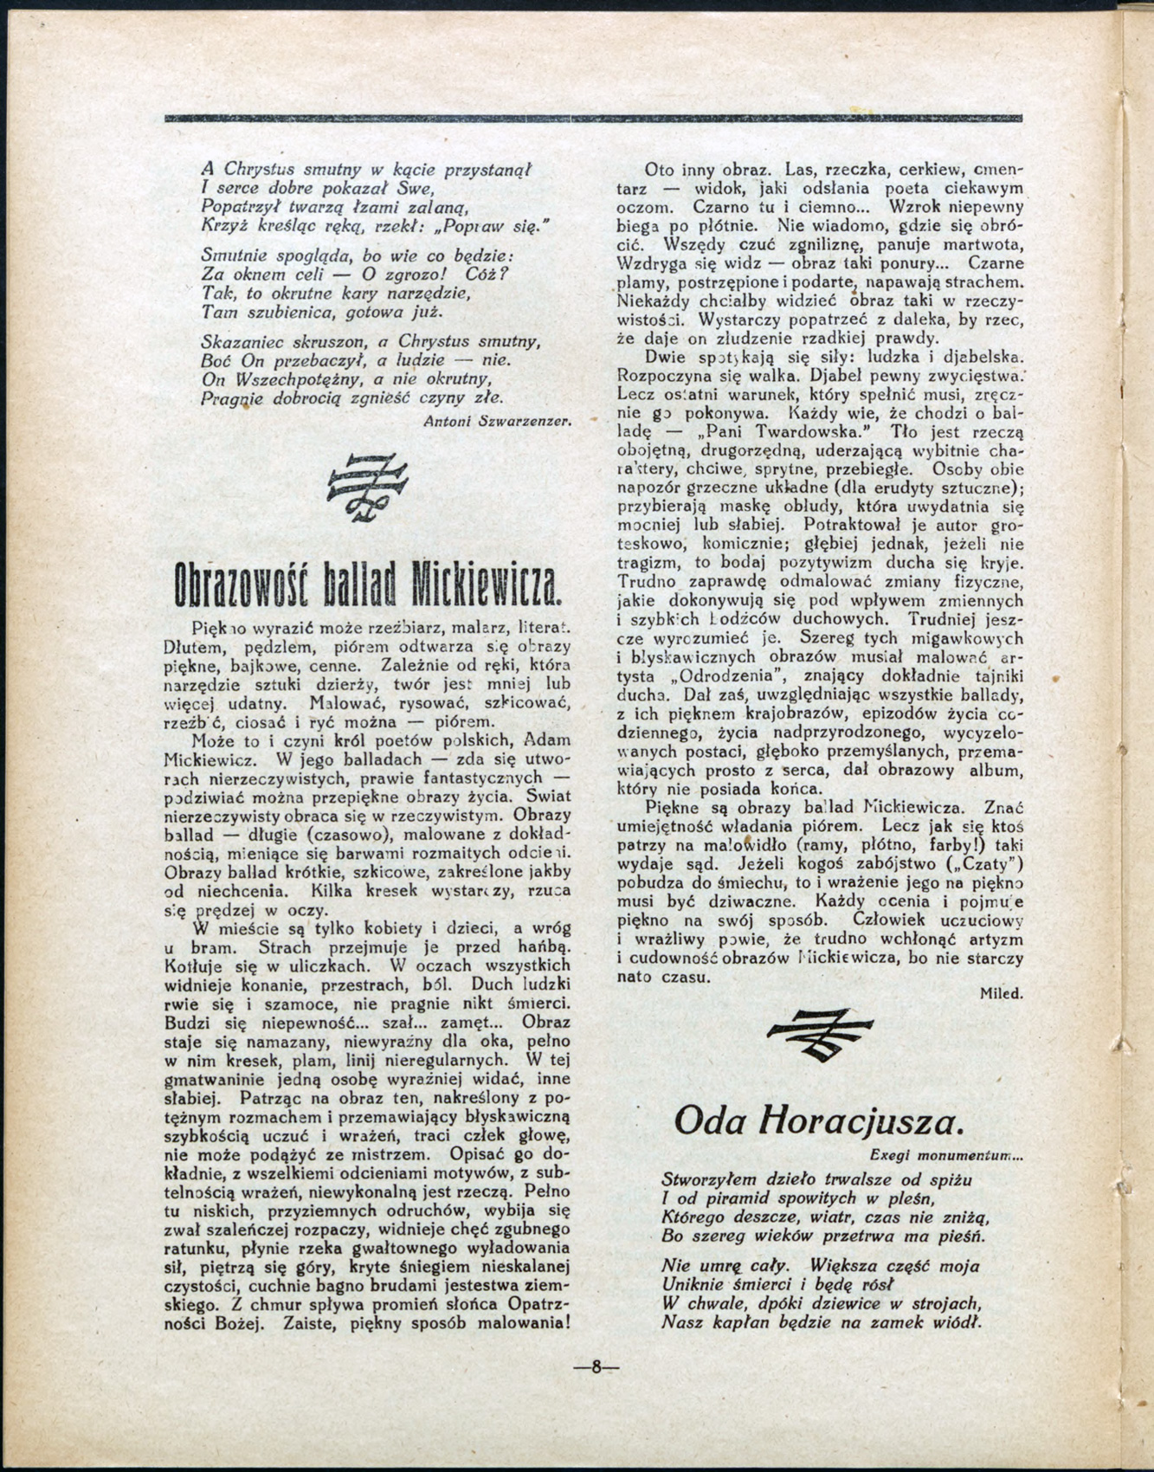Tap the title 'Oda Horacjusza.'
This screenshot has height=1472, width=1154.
click(818, 1121)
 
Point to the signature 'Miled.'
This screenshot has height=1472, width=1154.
click(1001, 994)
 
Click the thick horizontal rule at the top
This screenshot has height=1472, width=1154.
click(593, 118)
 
